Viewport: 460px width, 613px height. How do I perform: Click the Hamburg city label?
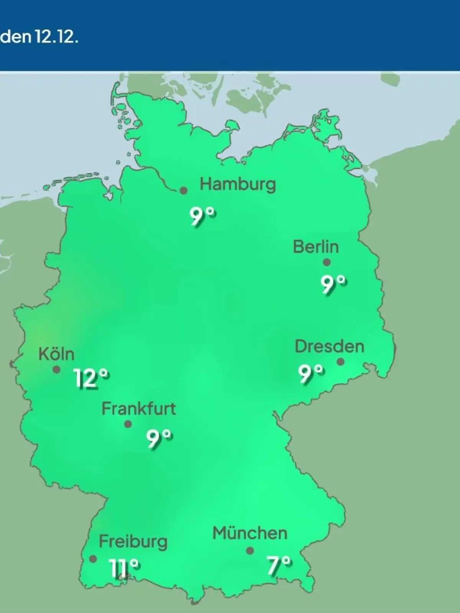(238, 185)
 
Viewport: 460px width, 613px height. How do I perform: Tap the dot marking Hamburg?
(184, 190)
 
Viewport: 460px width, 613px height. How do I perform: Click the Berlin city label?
(316, 247)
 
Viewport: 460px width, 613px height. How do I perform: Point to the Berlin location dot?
(327, 262)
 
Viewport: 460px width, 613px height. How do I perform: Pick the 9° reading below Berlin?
(333, 284)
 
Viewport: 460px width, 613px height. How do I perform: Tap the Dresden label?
(329, 347)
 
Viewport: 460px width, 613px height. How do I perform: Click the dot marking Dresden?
(340, 362)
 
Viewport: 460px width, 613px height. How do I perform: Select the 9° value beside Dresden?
(311, 374)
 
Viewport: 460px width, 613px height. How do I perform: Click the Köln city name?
(56, 354)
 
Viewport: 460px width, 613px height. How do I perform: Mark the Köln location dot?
(56, 370)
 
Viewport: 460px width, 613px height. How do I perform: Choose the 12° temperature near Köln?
(91, 379)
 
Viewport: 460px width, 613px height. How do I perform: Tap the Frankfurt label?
(138, 409)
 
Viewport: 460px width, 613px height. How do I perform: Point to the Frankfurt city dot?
(128, 424)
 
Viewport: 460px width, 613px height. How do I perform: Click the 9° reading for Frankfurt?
(159, 439)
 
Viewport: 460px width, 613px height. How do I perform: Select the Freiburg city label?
(133, 542)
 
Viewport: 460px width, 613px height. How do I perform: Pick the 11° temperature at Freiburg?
(123, 567)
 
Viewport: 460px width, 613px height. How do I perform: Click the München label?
(250, 533)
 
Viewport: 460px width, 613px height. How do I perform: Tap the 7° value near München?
(279, 566)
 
